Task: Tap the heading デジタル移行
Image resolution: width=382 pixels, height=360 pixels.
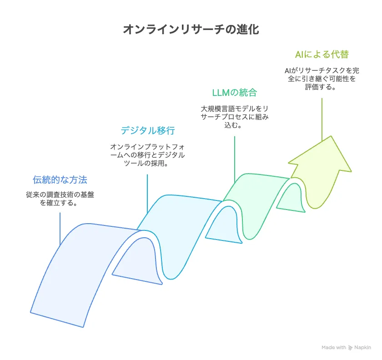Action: tap(147, 130)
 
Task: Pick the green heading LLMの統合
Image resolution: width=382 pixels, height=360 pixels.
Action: tap(235, 93)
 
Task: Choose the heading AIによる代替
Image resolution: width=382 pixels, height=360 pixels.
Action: tap(322, 55)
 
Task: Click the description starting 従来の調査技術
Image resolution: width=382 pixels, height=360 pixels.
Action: tap(60, 199)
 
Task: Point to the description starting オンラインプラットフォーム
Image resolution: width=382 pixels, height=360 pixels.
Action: tap(147, 155)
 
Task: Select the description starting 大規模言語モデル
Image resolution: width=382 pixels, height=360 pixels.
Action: tap(235, 117)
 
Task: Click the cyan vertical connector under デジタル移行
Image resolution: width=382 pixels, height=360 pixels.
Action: tap(147, 191)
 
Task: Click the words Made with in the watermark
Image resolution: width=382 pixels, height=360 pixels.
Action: tap(334, 347)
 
